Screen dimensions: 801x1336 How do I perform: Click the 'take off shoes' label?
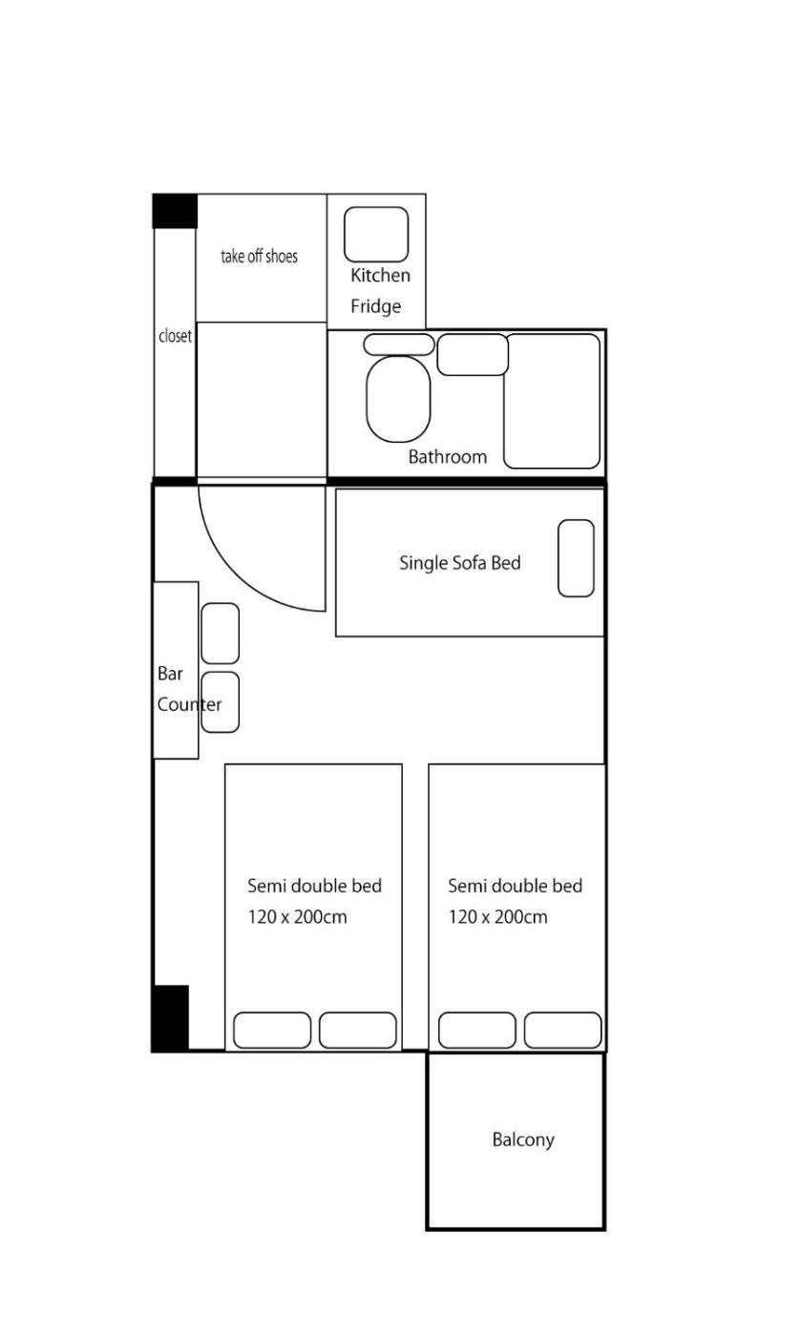click(259, 257)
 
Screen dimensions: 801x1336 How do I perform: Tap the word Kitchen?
click(380, 275)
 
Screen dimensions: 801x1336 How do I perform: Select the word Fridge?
click(375, 306)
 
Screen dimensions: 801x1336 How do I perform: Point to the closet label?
click(175, 336)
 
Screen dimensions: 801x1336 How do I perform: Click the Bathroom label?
click(447, 457)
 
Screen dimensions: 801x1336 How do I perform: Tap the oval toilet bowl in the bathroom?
click(398, 399)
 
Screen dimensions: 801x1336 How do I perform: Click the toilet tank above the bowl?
click(399, 344)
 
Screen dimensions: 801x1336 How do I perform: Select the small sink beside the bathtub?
click(473, 354)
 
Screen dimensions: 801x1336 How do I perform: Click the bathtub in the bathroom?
click(552, 401)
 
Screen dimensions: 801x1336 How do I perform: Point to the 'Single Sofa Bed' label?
click(459, 563)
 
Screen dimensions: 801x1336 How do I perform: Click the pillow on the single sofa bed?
click(576, 558)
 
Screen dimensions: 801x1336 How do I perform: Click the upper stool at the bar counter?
click(221, 634)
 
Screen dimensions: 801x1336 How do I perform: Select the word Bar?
click(170, 674)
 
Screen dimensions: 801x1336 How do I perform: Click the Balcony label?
click(523, 1139)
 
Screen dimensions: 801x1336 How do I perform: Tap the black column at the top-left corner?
click(175, 211)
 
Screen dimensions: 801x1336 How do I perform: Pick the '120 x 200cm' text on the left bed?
click(297, 917)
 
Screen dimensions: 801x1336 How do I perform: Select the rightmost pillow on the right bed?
click(563, 1030)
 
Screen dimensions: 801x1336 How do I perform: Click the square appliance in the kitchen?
click(376, 235)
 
